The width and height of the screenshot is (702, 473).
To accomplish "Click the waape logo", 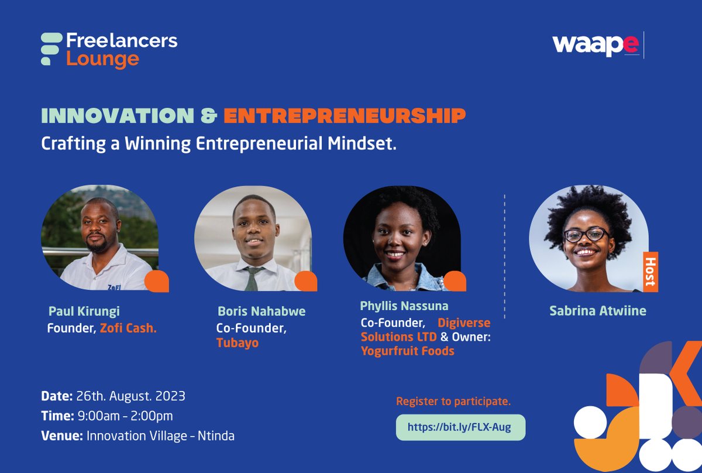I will point(596,45).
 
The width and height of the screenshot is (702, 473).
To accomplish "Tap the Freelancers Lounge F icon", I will point(50,49).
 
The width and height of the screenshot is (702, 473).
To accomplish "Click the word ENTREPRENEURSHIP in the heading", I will point(345,116).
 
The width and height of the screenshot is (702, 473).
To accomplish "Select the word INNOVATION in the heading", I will point(117,116).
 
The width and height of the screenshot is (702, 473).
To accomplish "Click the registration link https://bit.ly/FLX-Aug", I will point(459,427).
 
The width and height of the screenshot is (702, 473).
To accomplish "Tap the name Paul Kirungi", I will point(84,311).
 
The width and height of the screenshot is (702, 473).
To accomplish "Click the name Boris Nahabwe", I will point(261,311).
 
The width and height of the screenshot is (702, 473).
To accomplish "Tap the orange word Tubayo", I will point(238,343).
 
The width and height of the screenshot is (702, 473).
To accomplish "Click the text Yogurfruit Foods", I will point(407,351).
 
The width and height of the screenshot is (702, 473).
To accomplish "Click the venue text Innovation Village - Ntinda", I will point(160,436).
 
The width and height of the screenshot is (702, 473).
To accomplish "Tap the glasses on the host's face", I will point(586,235).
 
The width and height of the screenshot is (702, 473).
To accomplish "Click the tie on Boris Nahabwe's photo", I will point(252,279).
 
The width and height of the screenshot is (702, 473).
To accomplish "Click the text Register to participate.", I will point(453,402).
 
